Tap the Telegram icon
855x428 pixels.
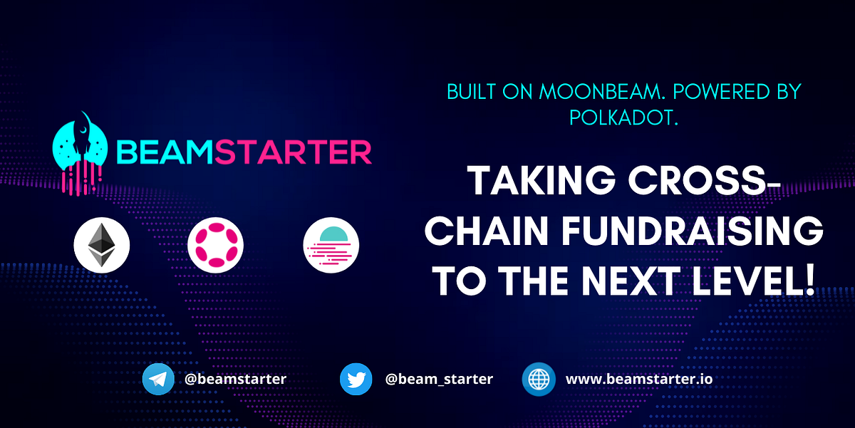point(158,379)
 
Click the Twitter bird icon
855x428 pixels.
point(356,379)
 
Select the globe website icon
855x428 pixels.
point(539,379)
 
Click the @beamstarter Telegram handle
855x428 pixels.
point(235,379)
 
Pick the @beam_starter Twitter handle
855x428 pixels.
point(439,379)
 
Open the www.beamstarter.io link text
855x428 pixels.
point(638,379)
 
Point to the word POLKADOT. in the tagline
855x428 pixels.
point(623,118)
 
